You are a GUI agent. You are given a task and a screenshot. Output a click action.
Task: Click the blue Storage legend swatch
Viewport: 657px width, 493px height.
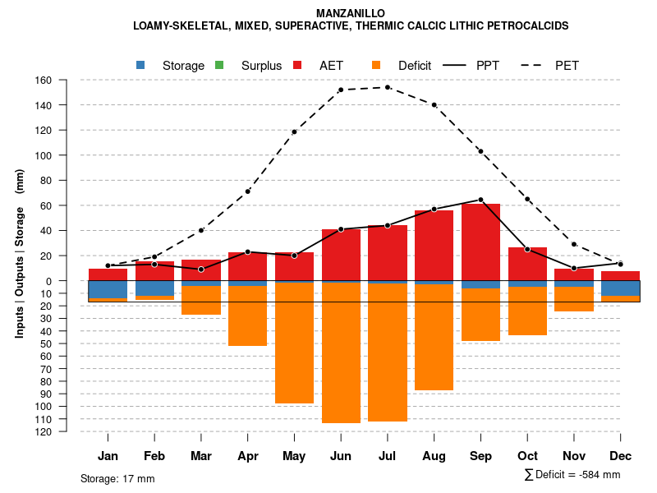pos(140,65)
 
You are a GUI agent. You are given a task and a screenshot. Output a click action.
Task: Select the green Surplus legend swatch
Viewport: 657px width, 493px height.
pos(219,65)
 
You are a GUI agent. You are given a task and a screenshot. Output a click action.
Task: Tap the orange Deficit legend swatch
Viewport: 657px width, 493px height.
pos(376,65)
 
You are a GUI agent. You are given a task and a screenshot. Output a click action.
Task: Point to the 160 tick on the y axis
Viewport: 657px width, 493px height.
pos(44,81)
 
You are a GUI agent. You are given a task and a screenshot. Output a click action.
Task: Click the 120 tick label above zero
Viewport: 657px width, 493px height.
pos(44,130)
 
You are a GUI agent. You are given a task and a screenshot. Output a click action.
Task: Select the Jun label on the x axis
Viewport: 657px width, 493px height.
pos(341,456)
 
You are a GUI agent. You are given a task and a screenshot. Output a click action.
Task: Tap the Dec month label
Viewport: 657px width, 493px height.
pos(620,456)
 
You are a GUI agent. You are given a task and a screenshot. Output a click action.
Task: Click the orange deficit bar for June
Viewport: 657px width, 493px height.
pos(341,353)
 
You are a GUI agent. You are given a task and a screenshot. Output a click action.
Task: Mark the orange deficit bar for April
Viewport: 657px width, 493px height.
pos(247,316)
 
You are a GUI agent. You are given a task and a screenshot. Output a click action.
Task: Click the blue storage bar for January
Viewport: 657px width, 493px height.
pos(108,289)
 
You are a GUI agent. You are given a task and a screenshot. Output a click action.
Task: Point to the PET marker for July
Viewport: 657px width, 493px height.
pos(388,87)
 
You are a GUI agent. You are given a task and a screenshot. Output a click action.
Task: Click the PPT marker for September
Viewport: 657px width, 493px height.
pos(480,200)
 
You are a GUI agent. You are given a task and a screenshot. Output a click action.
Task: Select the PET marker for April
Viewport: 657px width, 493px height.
pos(247,191)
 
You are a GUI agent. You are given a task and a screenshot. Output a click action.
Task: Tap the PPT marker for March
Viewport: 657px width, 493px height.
pos(201,270)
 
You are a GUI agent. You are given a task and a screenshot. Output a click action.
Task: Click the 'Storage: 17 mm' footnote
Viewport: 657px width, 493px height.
pos(117,478)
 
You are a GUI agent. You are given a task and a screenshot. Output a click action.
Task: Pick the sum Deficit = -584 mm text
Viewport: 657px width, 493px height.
pos(572,475)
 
